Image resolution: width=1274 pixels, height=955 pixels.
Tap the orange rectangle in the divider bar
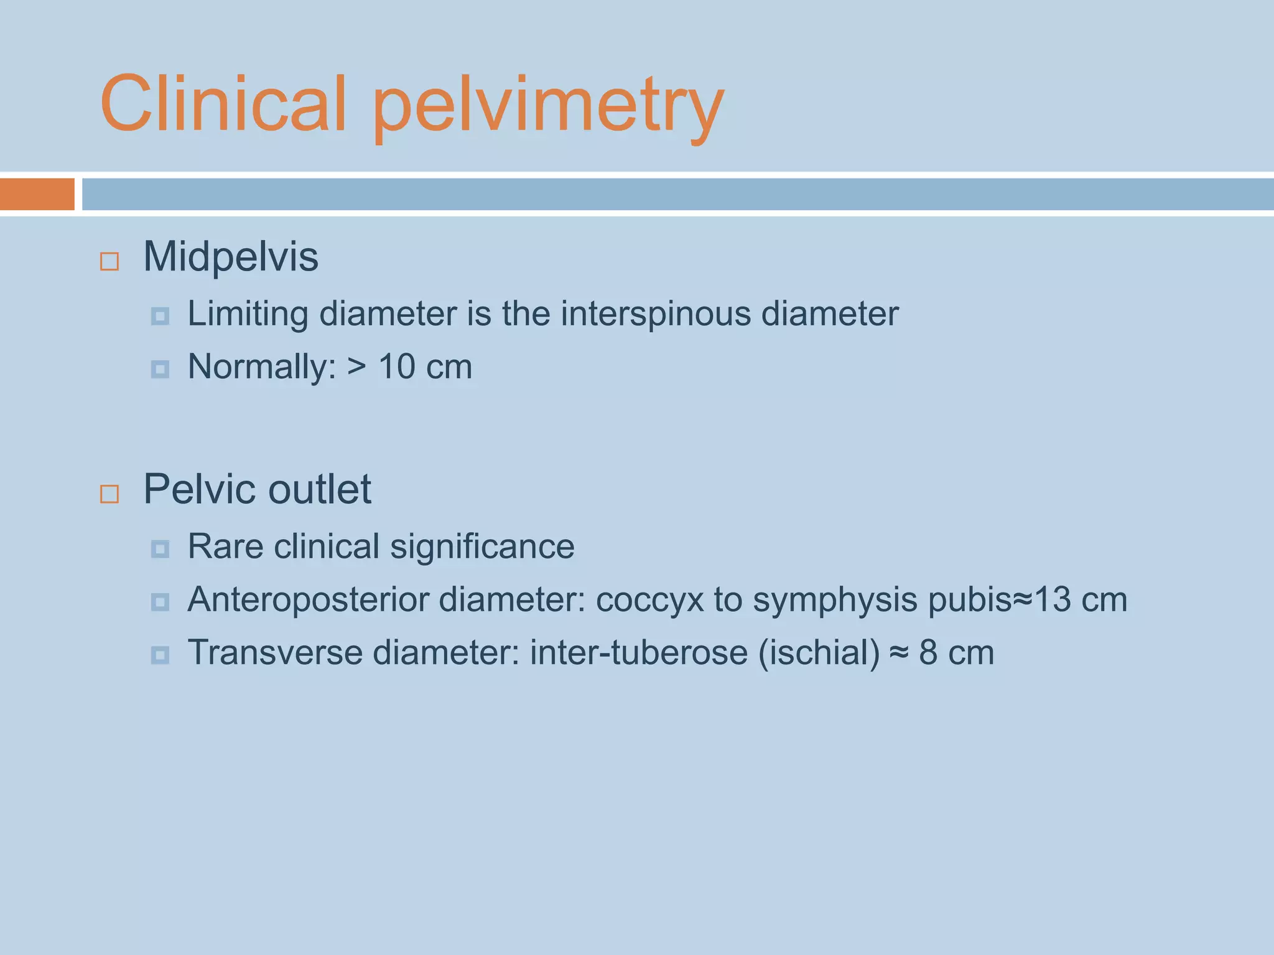pos(37,194)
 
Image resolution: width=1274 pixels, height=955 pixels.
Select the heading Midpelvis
pos(231,256)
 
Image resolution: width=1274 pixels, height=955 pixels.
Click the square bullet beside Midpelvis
pos(109,261)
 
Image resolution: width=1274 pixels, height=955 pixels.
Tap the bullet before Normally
pos(160,369)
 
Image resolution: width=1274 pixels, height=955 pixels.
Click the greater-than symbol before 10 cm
pos(356,367)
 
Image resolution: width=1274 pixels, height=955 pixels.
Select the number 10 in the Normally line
pos(397,367)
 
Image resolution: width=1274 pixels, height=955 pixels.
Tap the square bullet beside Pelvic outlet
pos(109,494)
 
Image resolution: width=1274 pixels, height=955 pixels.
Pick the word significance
pos(482,547)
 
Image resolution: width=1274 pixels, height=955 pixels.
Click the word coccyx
pos(649,601)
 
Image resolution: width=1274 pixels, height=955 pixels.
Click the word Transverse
pos(275,653)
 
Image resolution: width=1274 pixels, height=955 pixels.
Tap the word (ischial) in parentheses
pos(819,653)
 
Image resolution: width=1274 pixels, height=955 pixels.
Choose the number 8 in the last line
pos(928,653)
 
